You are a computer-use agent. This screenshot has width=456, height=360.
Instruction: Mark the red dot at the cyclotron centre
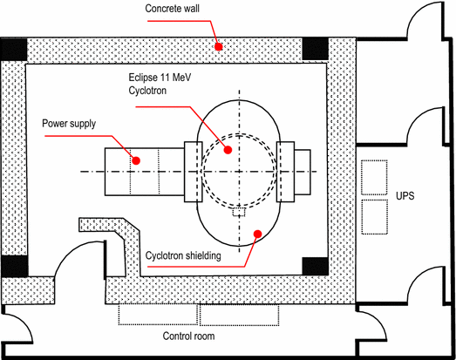228,150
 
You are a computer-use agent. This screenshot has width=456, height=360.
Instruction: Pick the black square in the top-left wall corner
12,50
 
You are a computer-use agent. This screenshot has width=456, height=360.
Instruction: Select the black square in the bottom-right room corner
314,263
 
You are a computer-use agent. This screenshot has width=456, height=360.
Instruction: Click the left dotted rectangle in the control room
158,315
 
